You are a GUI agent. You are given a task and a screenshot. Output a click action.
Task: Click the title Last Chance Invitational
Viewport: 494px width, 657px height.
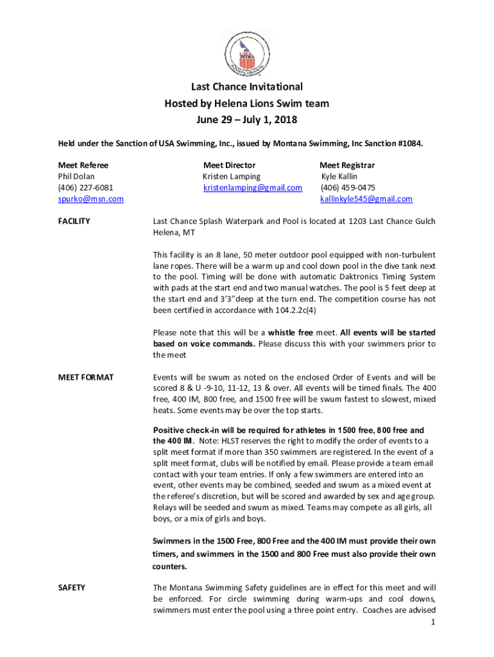click(247, 87)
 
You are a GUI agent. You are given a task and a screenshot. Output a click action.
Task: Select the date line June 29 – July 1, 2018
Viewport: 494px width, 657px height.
click(247, 119)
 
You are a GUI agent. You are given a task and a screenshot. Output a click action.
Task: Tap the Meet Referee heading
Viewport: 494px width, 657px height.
click(83, 165)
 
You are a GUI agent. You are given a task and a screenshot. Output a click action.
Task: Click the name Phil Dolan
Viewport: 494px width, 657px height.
click(76, 176)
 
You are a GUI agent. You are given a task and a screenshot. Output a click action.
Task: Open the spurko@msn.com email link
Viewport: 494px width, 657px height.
click(90, 199)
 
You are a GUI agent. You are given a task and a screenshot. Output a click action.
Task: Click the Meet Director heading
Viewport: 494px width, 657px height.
click(229, 165)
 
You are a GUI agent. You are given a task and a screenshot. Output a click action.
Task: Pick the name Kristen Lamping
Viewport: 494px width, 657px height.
click(232, 176)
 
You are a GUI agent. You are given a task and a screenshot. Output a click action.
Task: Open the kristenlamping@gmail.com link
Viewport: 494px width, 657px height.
click(253, 187)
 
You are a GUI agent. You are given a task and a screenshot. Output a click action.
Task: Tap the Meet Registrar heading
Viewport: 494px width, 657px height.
click(347, 165)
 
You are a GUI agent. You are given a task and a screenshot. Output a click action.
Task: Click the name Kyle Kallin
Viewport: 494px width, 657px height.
click(339, 176)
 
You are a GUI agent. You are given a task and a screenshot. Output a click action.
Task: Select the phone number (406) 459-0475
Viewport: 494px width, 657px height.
click(348, 187)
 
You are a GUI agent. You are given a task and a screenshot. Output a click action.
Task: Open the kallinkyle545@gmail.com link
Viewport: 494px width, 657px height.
click(366, 199)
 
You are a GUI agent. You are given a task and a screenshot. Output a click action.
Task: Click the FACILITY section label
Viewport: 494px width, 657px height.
click(74, 221)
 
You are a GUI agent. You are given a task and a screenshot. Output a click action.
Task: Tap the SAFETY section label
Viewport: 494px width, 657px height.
click(72, 587)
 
